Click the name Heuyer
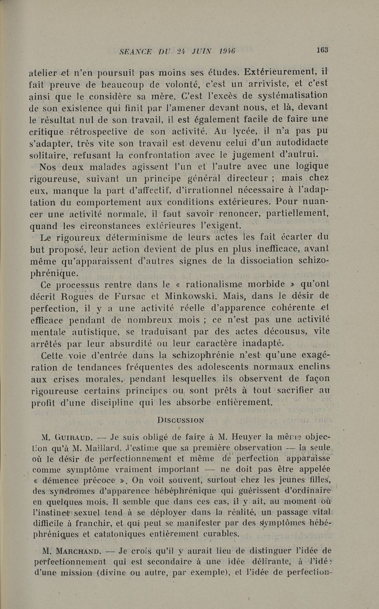[x=228, y=436]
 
